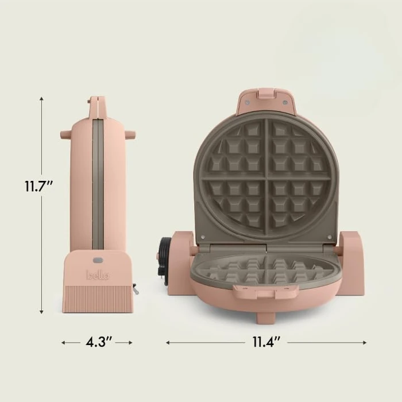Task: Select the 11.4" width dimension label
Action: tap(266, 342)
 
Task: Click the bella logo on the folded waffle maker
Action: tap(97, 275)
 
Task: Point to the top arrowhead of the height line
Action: tap(41, 99)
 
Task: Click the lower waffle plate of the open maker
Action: tap(265, 269)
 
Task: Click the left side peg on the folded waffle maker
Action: tap(65, 134)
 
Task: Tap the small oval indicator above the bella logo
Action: tap(98, 260)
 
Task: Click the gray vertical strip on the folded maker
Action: tap(98, 184)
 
